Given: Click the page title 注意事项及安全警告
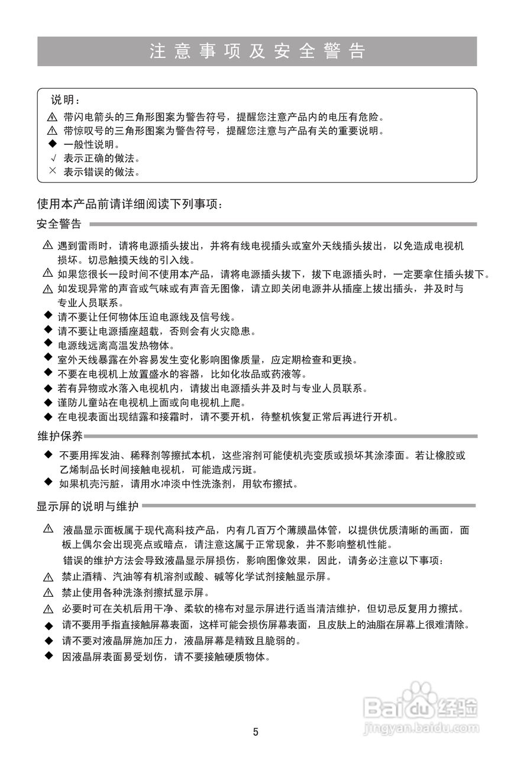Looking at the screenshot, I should pos(257,51).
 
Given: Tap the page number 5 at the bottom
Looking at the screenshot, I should pos(256,732).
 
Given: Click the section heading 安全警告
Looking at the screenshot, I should pos(59,224).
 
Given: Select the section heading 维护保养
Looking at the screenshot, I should pos(60,436).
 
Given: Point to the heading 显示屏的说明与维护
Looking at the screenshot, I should pos(88,506).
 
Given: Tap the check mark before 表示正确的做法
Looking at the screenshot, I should pos(52,158).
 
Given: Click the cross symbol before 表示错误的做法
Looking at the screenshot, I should pos(52,172).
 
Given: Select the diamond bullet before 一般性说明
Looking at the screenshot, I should pos(52,144).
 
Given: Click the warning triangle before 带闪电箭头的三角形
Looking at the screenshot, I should pos(52,117).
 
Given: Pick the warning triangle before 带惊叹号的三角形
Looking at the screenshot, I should pos(52,131).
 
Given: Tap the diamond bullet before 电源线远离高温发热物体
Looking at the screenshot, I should pos(48,344).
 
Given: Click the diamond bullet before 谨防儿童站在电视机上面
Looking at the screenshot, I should pos(48,402).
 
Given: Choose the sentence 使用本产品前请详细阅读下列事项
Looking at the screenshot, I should pos(130,205).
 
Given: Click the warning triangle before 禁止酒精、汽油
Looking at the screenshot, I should pos(48,577).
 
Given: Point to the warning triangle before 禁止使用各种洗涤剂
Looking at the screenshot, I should pos(48,593).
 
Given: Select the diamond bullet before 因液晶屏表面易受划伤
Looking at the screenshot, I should pos(48,656).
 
